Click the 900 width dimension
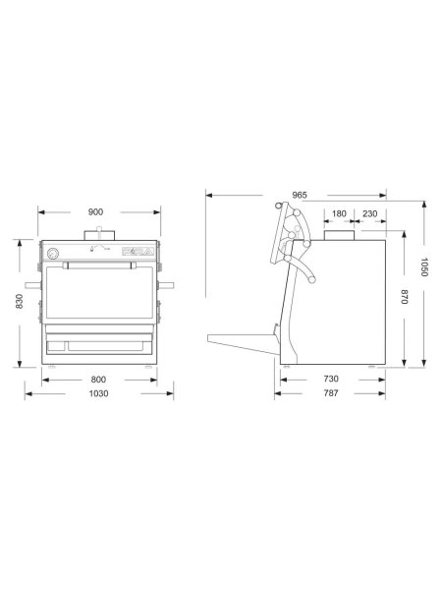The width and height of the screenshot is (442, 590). [98, 212]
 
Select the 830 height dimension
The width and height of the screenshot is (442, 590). [19, 303]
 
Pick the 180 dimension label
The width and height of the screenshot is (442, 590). [338, 213]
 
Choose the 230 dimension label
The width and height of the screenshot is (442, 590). [370, 213]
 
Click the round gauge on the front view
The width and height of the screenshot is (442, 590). [53, 253]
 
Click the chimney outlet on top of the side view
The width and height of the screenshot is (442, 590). [338, 237]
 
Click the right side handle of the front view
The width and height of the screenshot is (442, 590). [168, 287]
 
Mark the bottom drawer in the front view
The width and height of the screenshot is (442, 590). [99, 343]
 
